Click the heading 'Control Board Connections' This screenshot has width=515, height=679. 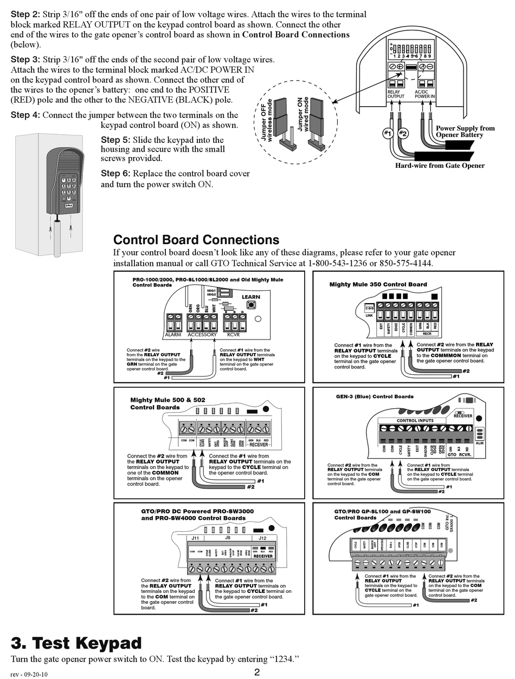pyautogui.click(x=196, y=240)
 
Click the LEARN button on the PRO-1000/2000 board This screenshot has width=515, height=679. pyautogui.click(x=251, y=305)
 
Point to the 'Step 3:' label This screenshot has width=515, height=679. pyautogui.click(x=25, y=60)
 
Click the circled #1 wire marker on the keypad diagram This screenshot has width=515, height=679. pyautogui.click(x=387, y=133)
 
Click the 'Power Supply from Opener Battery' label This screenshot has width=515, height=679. pyautogui.click(x=465, y=132)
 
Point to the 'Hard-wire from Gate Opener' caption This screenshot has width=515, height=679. pyautogui.click(x=440, y=166)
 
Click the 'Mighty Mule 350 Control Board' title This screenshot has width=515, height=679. pyautogui.click(x=378, y=284)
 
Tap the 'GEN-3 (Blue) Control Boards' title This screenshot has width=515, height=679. pyautogui.click(x=375, y=396)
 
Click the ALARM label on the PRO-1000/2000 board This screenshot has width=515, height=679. pyautogui.click(x=173, y=335)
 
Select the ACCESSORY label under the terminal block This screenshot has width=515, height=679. pyautogui.click(x=202, y=335)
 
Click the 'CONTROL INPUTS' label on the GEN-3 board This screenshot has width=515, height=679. pyautogui.click(x=415, y=420)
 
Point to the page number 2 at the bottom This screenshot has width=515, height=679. pyautogui.click(x=257, y=672)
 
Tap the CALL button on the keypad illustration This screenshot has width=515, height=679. pyautogui.click(x=69, y=205)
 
